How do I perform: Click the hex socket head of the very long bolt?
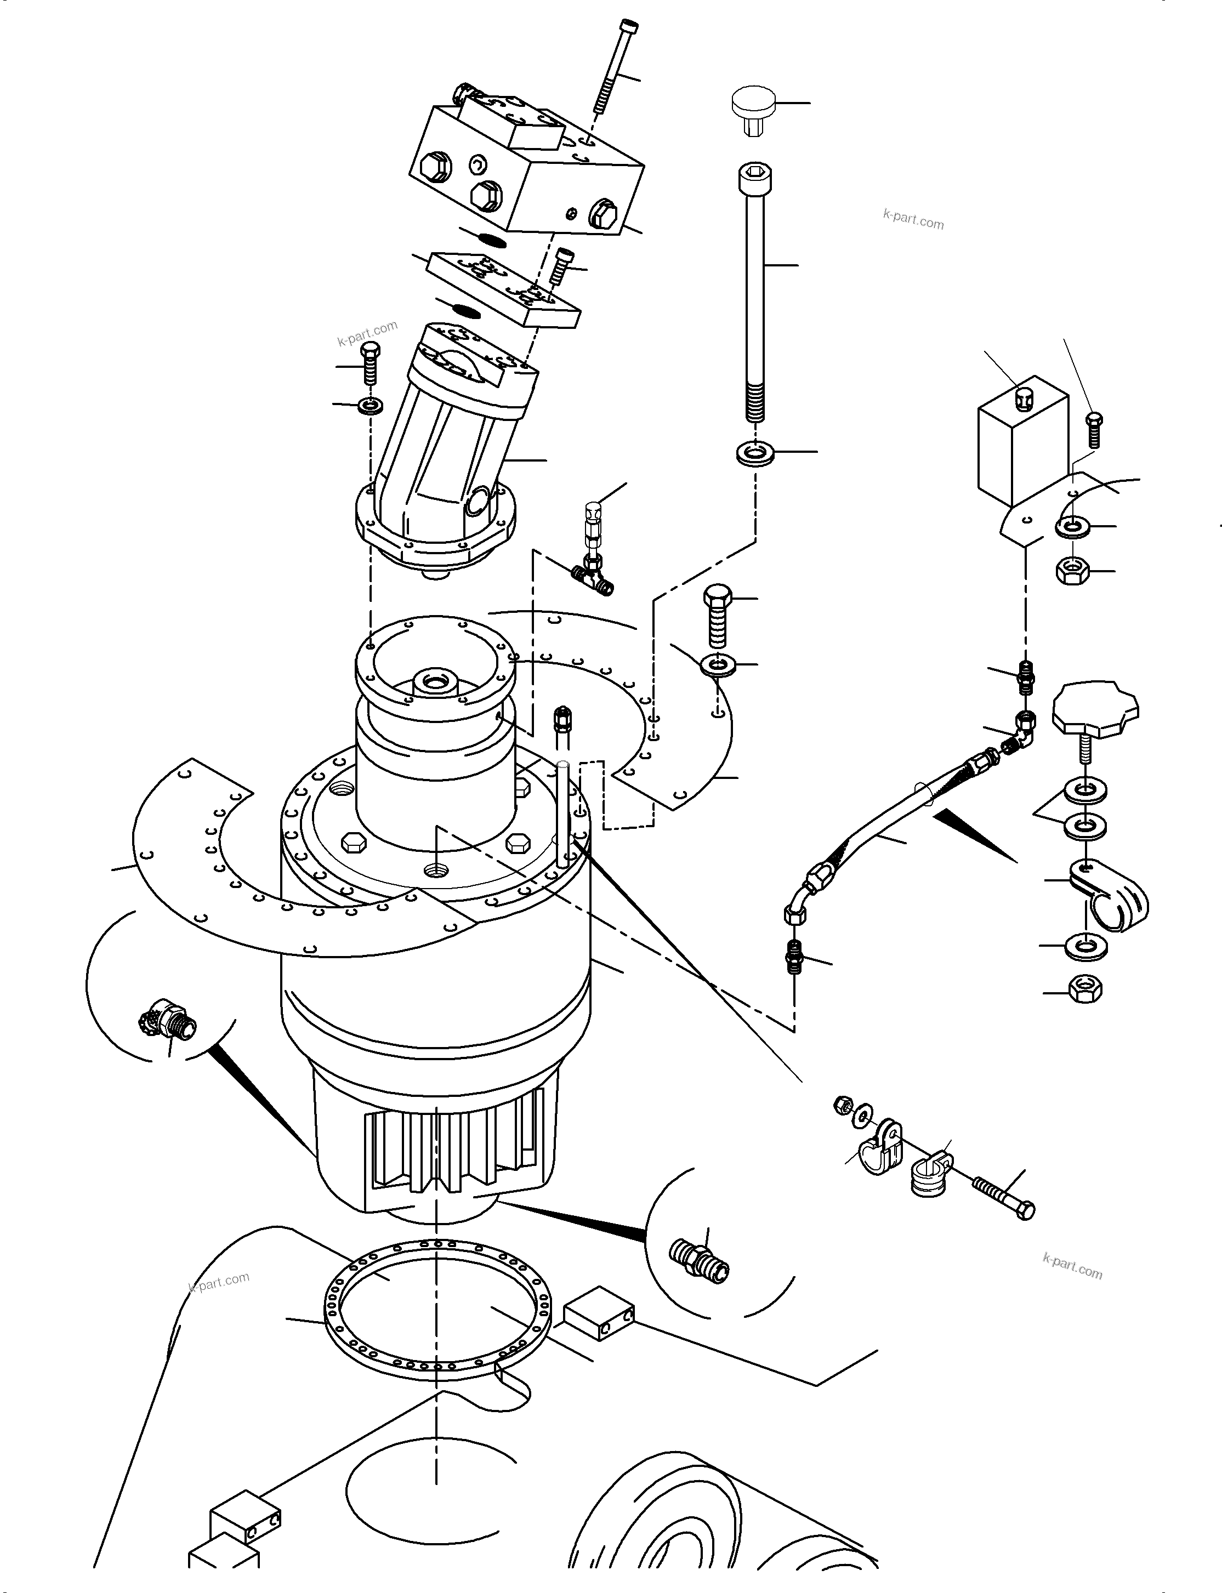pos(754,177)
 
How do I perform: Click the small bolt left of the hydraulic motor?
pos(370,363)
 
